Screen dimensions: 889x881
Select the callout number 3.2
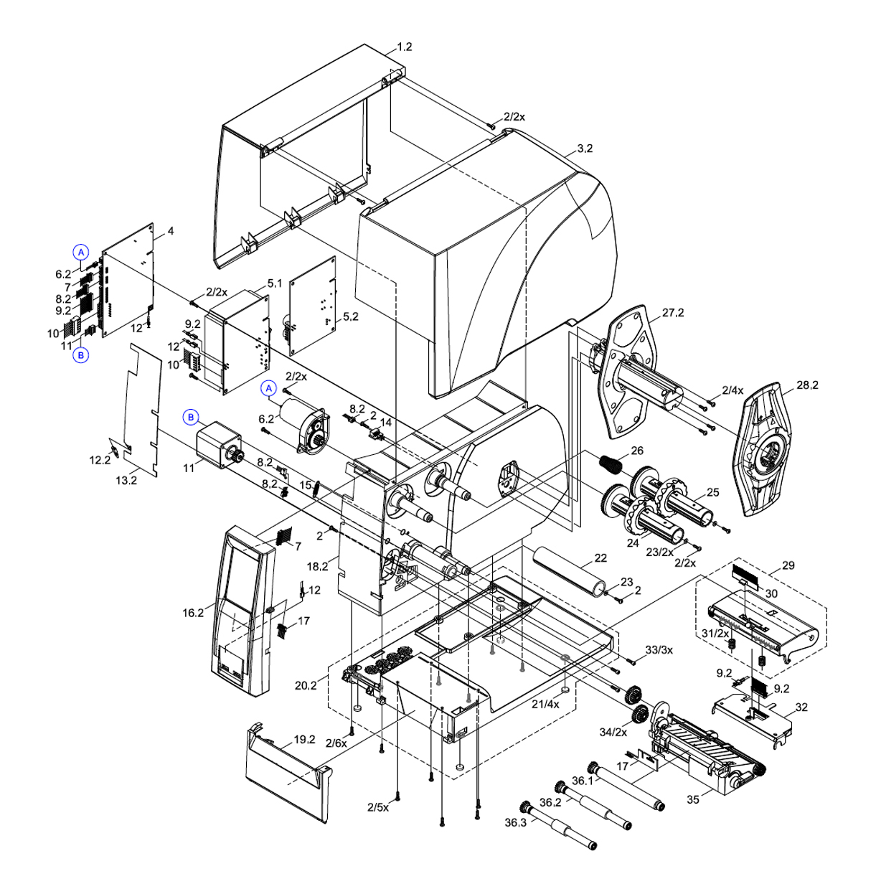click(x=585, y=149)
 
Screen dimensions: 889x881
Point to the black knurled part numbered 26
click(x=611, y=464)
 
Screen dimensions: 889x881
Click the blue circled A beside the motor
click(x=269, y=388)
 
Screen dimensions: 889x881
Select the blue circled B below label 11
click(x=81, y=354)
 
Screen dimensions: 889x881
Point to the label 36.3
click(x=514, y=822)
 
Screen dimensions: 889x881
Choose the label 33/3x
click(x=659, y=650)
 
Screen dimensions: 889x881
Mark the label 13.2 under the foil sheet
click(x=126, y=481)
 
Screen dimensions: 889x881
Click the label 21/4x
click(x=545, y=704)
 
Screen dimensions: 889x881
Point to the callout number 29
click(x=788, y=565)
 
